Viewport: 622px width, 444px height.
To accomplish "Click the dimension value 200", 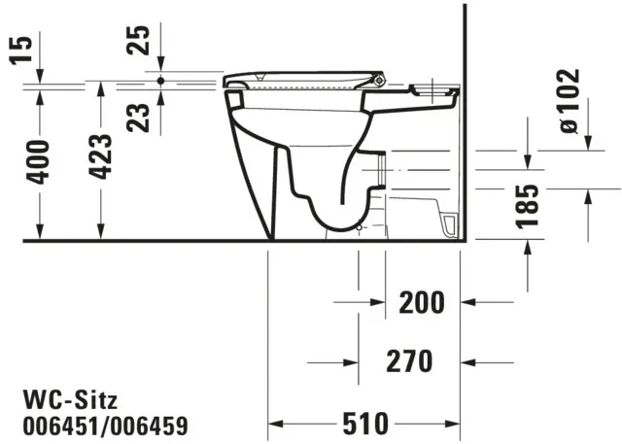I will pos(422,302).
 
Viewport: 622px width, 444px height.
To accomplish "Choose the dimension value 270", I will pos(408,361).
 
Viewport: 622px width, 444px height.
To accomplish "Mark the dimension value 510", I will pos(364,424).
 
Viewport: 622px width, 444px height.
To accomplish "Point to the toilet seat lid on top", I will pos(301,76).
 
